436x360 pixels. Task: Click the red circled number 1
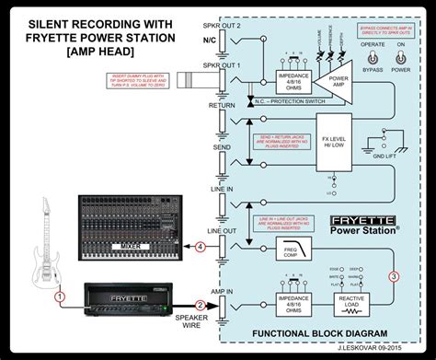[58, 297]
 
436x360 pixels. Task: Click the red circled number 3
[394, 275]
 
